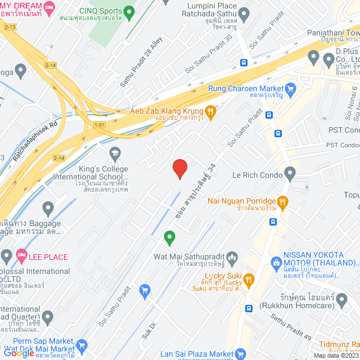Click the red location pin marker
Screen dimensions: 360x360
click(x=179, y=168)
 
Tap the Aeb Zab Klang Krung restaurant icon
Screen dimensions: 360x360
click(x=210, y=111)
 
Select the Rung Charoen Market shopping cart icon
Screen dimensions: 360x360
click(x=290, y=88)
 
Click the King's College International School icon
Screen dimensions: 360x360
click(x=115, y=152)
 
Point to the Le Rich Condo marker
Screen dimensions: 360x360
click(x=290, y=173)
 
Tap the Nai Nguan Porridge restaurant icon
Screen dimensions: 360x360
click(x=283, y=201)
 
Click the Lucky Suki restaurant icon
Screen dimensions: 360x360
click(x=249, y=279)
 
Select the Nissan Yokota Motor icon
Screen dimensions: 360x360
click(x=276, y=263)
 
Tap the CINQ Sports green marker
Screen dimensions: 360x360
click(x=130, y=11)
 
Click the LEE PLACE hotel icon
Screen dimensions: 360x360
click(x=21, y=257)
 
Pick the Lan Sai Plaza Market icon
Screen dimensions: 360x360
click(x=241, y=354)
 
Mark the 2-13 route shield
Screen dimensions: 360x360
click(x=10, y=27)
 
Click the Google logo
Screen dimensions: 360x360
click(x=18, y=353)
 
